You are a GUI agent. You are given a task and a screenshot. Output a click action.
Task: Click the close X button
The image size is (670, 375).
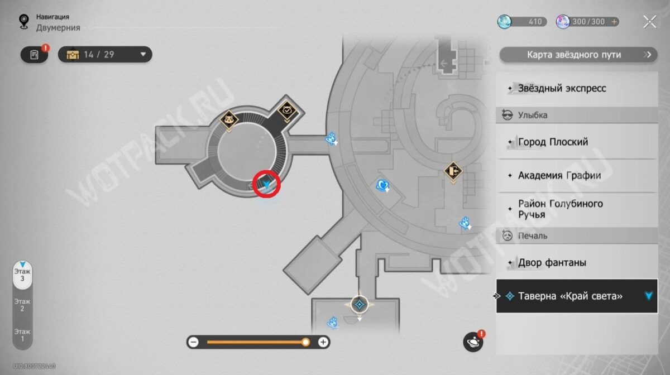coord(649,22)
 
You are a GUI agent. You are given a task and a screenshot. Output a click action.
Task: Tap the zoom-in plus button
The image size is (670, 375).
coord(323,342)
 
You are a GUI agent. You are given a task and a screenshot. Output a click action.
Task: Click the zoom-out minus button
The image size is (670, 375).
coord(193,342)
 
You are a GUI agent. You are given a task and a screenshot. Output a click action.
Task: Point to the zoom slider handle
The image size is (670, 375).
coord(305,342)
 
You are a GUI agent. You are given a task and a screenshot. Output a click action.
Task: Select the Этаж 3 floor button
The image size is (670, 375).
coord(23,276)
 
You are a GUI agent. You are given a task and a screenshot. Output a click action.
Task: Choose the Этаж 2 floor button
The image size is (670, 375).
coord(23,305)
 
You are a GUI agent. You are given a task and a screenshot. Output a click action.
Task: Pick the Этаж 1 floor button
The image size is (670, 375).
coord(23,334)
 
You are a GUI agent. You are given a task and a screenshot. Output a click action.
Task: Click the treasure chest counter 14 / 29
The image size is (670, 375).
coord(105,54)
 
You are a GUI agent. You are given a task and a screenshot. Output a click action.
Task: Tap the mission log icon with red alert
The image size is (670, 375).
coord(35,54)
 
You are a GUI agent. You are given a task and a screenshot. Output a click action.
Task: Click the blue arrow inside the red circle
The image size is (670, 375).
coord(266,184)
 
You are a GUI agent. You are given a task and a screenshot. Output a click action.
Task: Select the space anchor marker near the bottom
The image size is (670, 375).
coord(360,305)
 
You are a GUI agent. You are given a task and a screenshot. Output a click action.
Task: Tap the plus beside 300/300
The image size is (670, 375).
coord(614,22)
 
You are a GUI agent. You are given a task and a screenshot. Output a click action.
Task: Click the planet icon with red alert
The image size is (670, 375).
coord(473,342)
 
